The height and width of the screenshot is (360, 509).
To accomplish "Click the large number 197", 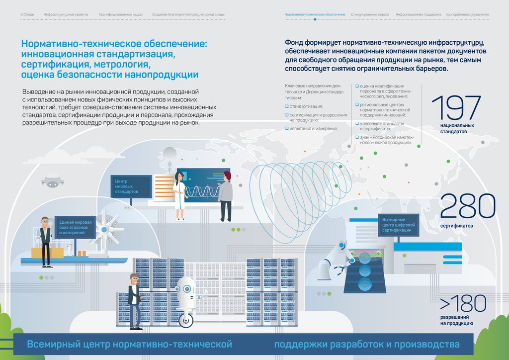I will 456,108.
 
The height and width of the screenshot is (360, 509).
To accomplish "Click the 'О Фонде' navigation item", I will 27,15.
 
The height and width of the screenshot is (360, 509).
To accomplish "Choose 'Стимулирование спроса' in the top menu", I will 370,15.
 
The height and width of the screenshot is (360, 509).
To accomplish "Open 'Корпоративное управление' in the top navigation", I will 467,15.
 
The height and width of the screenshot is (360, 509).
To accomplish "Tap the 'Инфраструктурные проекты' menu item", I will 66,15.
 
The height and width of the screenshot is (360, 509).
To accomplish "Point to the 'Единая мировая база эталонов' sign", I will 74,227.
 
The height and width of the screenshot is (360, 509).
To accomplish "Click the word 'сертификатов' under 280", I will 456,226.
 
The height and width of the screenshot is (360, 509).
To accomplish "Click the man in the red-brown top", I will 226,195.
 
